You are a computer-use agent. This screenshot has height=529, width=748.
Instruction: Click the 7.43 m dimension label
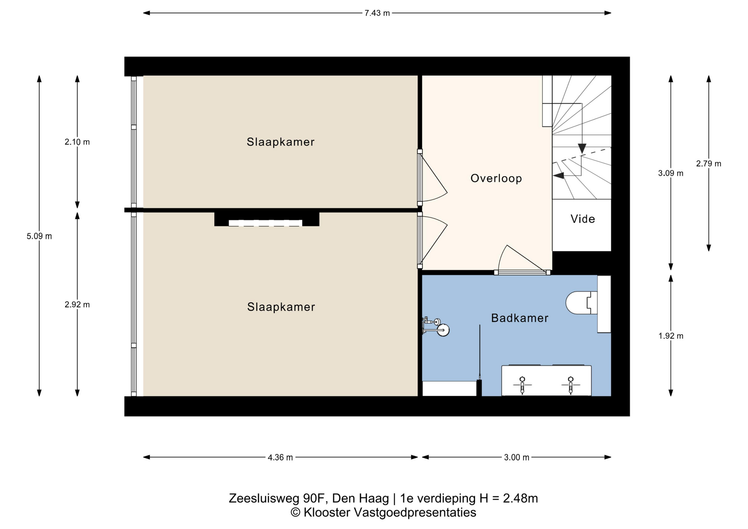(x=377, y=13)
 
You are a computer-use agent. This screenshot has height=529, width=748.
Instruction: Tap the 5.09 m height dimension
(x=39, y=236)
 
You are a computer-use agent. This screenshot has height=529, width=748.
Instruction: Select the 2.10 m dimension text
(x=77, y=142)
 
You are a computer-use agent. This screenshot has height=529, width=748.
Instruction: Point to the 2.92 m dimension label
(x=77, y=305)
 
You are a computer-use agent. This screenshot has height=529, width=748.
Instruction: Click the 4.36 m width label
(x=280, y=457)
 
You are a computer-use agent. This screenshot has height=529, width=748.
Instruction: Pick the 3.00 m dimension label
(x=517, y=457)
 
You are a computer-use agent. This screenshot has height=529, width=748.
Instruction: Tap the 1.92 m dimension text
(x=671, y=336)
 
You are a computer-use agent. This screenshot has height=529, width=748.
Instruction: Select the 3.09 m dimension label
(x=671, y=173)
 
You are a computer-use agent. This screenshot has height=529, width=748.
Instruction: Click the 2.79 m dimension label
(x=709, y=164)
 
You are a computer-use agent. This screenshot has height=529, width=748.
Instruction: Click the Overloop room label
(x=496, y=178)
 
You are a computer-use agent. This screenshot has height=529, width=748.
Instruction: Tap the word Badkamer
(x=520, y=318)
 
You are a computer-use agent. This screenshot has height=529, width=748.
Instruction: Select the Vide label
(x=583, y=219)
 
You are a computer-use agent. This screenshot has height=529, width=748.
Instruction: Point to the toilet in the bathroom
(x=582, y=303)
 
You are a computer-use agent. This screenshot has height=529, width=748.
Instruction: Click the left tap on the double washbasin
(x=522, y=384)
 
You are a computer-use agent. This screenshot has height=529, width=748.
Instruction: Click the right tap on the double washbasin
(x=570, y=384)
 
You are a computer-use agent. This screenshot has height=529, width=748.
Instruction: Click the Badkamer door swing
(x=522, y=259)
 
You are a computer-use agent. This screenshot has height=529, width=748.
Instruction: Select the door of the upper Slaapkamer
(x=432, y=177)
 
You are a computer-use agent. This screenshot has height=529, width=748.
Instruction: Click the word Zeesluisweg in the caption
(x=264, y=499)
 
